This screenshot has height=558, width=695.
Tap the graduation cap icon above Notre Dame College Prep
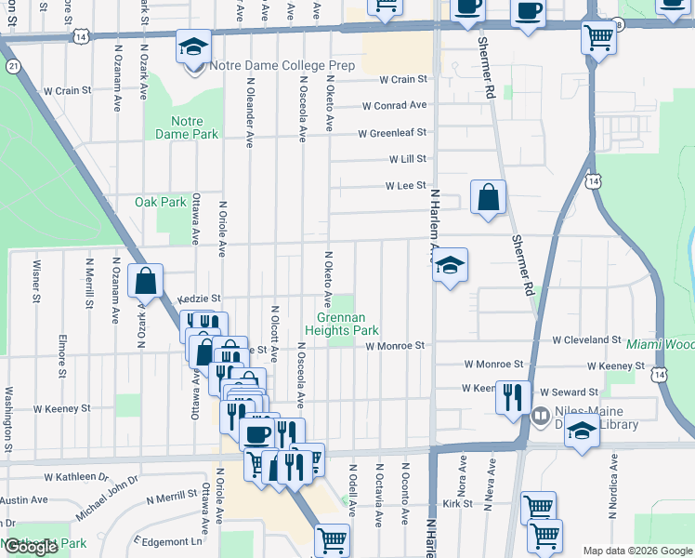[194, 46]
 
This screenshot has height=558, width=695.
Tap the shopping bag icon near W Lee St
[488, 198]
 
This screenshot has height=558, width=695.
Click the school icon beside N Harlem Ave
[450, 266]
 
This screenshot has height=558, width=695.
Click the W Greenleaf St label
[392, 133]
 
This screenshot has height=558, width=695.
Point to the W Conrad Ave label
[394, 106]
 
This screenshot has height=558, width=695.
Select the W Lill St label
[408, 160]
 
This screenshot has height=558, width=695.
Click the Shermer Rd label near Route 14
[485, 70]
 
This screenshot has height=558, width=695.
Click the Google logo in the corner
[30, 547]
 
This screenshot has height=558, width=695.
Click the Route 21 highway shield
[13, 67]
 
